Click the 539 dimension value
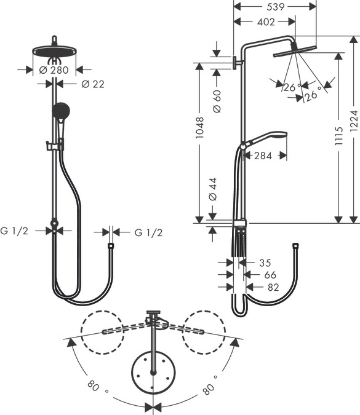[x=276, y=7]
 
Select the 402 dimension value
[x=265, y=22]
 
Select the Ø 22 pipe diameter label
[x=92, y=84]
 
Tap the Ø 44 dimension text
[x=213, y=189]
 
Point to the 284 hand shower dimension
[x=263, y=156]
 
